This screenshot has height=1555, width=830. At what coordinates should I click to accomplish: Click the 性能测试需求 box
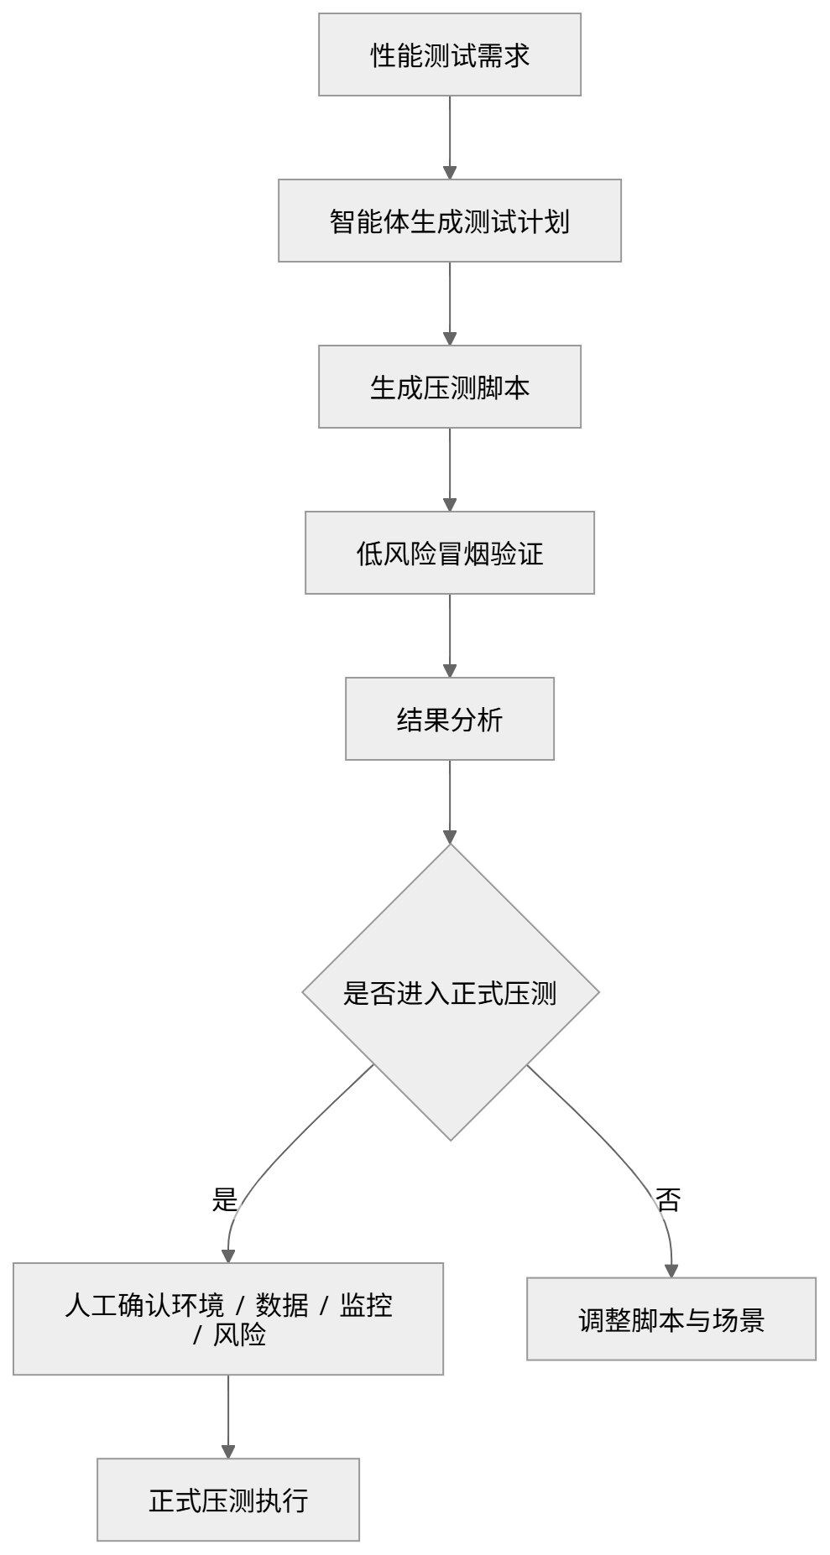pos(450,55)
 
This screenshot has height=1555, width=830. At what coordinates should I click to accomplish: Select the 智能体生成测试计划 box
pos(450,221)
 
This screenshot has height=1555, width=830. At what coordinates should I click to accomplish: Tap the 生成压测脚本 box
pos(450,387)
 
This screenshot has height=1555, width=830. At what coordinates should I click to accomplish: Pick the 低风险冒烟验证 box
pos(450,553)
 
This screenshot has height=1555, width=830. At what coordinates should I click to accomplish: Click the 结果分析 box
pos(450,719)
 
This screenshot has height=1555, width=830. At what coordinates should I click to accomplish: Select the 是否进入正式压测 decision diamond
pos(451,992)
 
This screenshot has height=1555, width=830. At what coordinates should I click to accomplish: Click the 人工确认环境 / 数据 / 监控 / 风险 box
pos(228,1319)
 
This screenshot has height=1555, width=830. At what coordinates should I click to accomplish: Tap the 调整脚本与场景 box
pos(671,1319)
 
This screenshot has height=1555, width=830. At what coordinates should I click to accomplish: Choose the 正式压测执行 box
pos(228,1500)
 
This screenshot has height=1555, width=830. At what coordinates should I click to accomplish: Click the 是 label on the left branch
pos(225,1200)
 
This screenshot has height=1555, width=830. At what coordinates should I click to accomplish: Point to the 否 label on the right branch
pos(668,1200)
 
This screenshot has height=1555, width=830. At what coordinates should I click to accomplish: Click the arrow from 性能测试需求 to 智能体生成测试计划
pos(450,138)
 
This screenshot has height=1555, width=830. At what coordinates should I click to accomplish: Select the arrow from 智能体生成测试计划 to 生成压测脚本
pos(450,304)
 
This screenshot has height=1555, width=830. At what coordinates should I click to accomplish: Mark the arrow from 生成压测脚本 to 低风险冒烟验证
pos(450,470)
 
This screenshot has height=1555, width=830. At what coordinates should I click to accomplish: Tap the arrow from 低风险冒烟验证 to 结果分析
pos(450,636)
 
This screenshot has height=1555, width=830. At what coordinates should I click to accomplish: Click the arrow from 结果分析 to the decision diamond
pos(450,802)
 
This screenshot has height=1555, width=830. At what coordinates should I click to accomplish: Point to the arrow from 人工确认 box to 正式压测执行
pos(228,1417)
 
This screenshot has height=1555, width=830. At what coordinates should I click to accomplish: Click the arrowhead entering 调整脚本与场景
pos(671,1272)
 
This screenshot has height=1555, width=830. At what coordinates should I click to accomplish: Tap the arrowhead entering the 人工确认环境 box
pos(228,1256)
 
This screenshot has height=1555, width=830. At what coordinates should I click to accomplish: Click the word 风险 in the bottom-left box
pos(239,1334)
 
